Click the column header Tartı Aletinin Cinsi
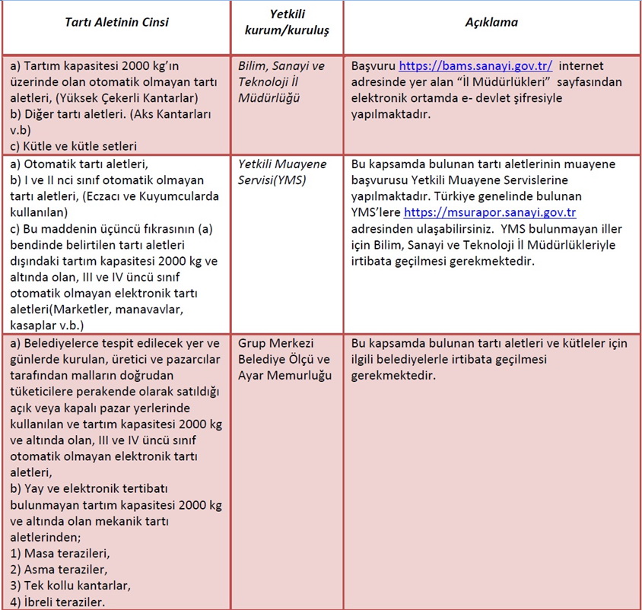click(x=116, y=22)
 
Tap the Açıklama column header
click(x=491, y=22)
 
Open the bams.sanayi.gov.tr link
click(x=475, y=66)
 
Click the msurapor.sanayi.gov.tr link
click(x=495, y=213)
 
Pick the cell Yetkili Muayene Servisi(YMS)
click(x=281, y=172)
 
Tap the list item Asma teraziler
click(x=59, y=569)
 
